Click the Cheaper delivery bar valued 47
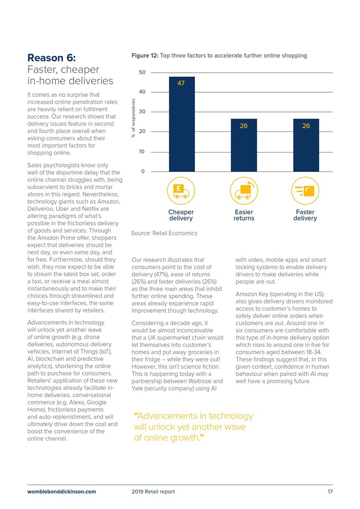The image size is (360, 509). (182, 124)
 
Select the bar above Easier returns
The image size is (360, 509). (244, 145)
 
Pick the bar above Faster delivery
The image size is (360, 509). (306, 145)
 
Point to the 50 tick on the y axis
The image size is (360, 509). (142, 72)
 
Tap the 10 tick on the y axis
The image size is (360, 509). (142, 152)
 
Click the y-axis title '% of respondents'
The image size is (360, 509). (133, 118)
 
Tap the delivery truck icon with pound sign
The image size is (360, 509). (181, 191)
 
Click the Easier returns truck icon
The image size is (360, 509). (244, 191)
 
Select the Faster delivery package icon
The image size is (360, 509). (305, 191)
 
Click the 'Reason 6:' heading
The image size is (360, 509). (52, 58)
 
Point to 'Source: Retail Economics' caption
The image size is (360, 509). (164, 233)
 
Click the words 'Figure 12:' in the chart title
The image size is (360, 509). (145, 55)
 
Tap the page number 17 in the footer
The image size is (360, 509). (330, 491)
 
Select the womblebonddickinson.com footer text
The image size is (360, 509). (62, 491)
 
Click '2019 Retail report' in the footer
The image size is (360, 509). (153, 491)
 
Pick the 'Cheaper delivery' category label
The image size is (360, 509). (181, 215)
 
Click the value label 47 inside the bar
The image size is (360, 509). (181, 83)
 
